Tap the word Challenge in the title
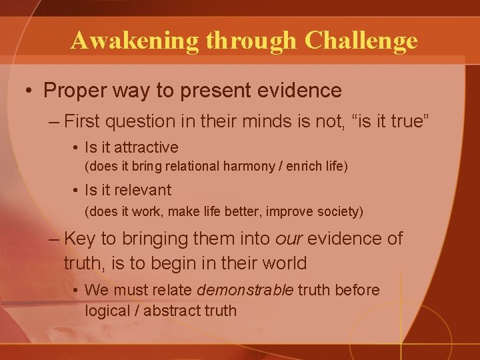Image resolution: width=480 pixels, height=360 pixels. click(x=361, y=41)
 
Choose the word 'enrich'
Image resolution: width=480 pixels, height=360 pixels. click(x=303, y=166)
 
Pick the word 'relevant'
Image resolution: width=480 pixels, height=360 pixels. click(x=143, y=190)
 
